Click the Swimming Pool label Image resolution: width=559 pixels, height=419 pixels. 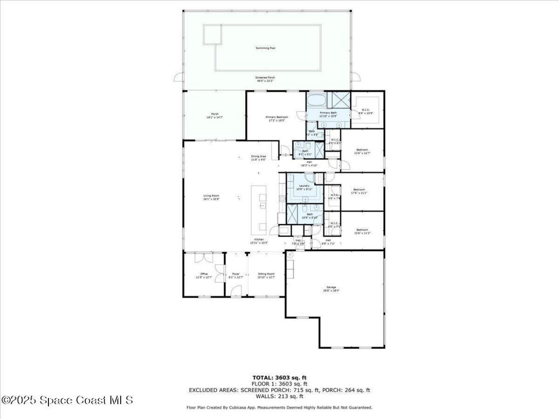pyautogui.click(x=266, y=48)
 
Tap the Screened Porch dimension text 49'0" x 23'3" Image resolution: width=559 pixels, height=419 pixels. pyautogui.click(x=265, y=81)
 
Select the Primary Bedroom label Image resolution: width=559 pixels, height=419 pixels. pyautogui.click(x=277, y=117)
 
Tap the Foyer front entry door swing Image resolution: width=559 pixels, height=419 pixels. pyautogui.click(x=235, y=290)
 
